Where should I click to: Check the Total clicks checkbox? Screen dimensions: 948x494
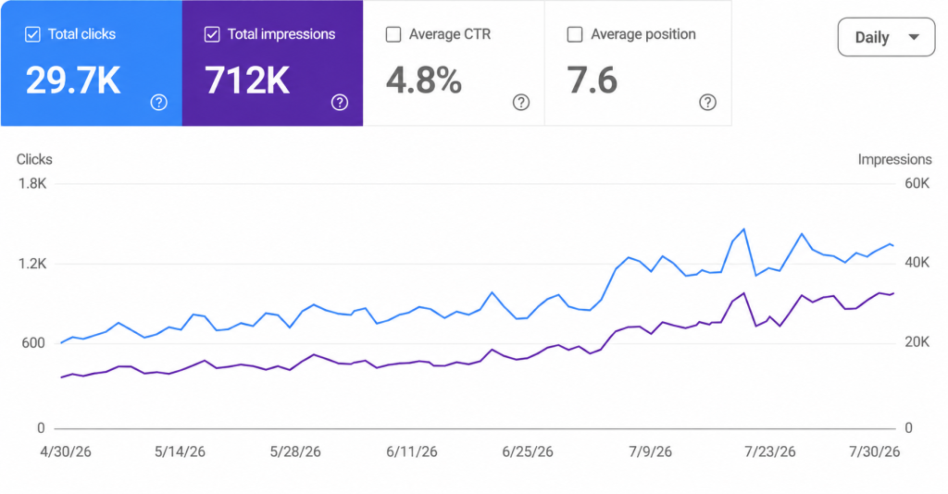32,34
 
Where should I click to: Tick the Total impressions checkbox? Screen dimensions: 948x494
212,34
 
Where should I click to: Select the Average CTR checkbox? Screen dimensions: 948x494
393,34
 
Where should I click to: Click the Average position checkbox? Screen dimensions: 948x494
574,34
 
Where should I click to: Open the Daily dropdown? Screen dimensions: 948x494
886,37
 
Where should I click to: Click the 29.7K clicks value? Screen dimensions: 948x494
73,80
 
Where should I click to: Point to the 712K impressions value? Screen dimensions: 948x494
247,80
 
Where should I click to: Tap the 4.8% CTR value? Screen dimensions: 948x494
424,80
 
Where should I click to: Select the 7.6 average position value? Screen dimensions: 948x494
592,80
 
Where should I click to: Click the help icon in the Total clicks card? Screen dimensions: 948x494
158,103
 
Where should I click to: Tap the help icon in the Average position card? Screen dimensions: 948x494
707,103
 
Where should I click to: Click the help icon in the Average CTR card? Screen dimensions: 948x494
520,103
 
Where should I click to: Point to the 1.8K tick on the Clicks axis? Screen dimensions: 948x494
32,183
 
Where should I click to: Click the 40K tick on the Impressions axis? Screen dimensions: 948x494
917,263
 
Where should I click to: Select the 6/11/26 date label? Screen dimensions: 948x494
412,451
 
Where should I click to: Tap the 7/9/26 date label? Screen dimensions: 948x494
650,451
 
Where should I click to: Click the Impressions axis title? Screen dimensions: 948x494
895,159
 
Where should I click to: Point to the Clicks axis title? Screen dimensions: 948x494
34,159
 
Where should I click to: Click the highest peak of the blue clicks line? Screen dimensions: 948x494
743,229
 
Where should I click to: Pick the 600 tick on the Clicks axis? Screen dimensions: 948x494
33,343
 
